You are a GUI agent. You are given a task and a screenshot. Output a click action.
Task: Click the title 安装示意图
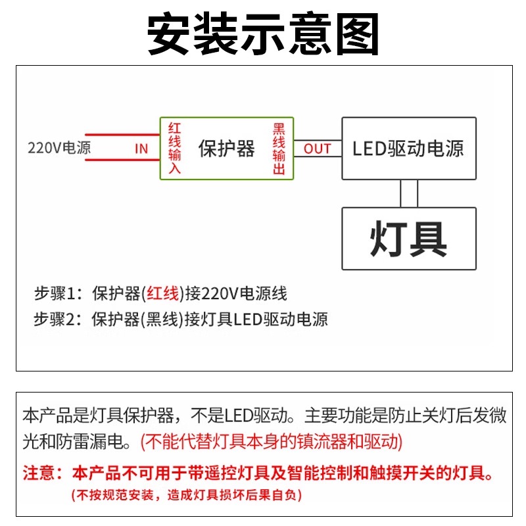click(263, 34)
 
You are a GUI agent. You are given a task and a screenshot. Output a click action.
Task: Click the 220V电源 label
click(59, 148)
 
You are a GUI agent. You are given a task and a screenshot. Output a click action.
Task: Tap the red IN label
click(141, 149)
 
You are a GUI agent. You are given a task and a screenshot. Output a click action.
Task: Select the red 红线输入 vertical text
click(174, 148)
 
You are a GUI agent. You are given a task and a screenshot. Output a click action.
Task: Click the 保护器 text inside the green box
click(226, 149)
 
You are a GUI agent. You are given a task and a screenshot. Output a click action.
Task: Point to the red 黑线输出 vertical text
click(279, 148)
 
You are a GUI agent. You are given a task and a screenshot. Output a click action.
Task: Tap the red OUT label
click(317, 149)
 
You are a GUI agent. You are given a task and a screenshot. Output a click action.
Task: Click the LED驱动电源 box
click(408, 148)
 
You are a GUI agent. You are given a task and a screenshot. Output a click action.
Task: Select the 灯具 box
click(408, 238)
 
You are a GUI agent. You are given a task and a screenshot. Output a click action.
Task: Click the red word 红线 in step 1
click(162, 293)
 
